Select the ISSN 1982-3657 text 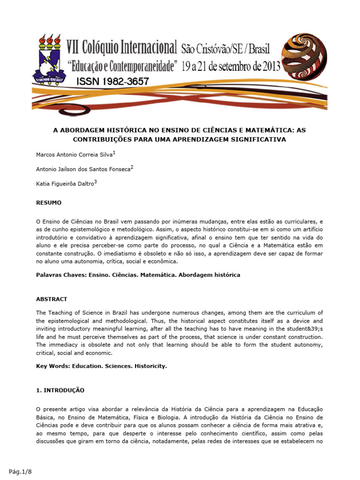(112, 82)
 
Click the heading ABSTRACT (52, 299)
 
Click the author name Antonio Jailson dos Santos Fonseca (82, 169)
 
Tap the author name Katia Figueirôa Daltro (65, 184)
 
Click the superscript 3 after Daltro (96, 182)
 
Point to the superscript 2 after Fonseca (132, 167)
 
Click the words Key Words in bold (52, 366)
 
